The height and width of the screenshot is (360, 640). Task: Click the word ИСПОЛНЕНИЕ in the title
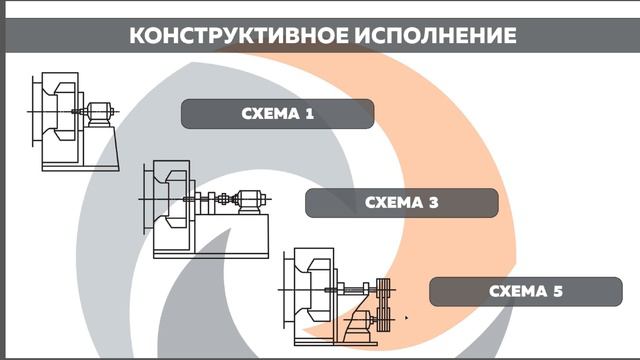click(433, 36)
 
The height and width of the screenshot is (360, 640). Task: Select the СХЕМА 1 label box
click(277, 114)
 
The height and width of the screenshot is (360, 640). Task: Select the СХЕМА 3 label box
click(401, 203)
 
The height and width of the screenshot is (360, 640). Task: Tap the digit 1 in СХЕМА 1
click(309, 114)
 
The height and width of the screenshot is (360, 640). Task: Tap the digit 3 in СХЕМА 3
click(433, 203)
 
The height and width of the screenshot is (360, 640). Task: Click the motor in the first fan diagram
click(98, 111)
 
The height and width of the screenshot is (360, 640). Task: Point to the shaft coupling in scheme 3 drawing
click(224, 201)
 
